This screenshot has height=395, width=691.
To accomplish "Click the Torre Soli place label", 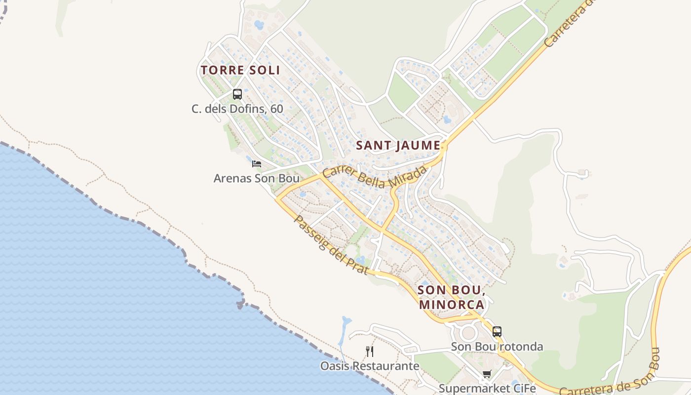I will tap(240, 70).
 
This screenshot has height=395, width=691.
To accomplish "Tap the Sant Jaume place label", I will tap(398, 146).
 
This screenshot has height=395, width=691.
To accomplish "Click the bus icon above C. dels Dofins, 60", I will tap(237, 94).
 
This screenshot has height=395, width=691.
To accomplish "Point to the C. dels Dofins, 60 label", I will tap(237, 109).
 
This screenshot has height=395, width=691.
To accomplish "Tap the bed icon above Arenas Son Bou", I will tap(256, 163).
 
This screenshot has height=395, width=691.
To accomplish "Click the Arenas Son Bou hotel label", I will tap(256, 178).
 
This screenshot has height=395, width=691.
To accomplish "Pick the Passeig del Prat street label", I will tap(331, 245).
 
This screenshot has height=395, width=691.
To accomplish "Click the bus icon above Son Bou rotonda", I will tap(497, 331).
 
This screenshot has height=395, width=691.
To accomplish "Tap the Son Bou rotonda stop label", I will tap(497, 347).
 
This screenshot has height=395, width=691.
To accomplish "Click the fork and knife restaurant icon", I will tap(369, 351).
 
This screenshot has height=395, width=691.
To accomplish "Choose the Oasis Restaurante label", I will tap(370, 366).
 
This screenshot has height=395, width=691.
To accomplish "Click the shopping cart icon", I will tap(487, 374).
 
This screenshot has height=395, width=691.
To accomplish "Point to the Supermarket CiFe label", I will tap(487, 388).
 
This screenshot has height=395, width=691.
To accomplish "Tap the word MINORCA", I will tap(452, 304).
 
